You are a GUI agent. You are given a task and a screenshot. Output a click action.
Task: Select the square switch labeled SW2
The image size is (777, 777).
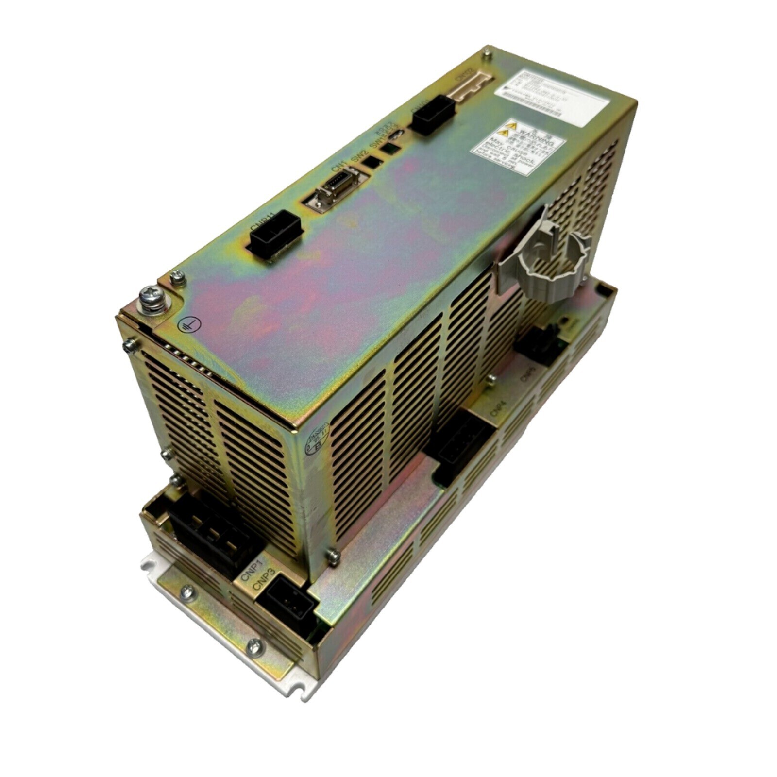[x=372, y=162]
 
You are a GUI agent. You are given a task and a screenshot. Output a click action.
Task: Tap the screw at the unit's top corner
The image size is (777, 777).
[x=485, y=56]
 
